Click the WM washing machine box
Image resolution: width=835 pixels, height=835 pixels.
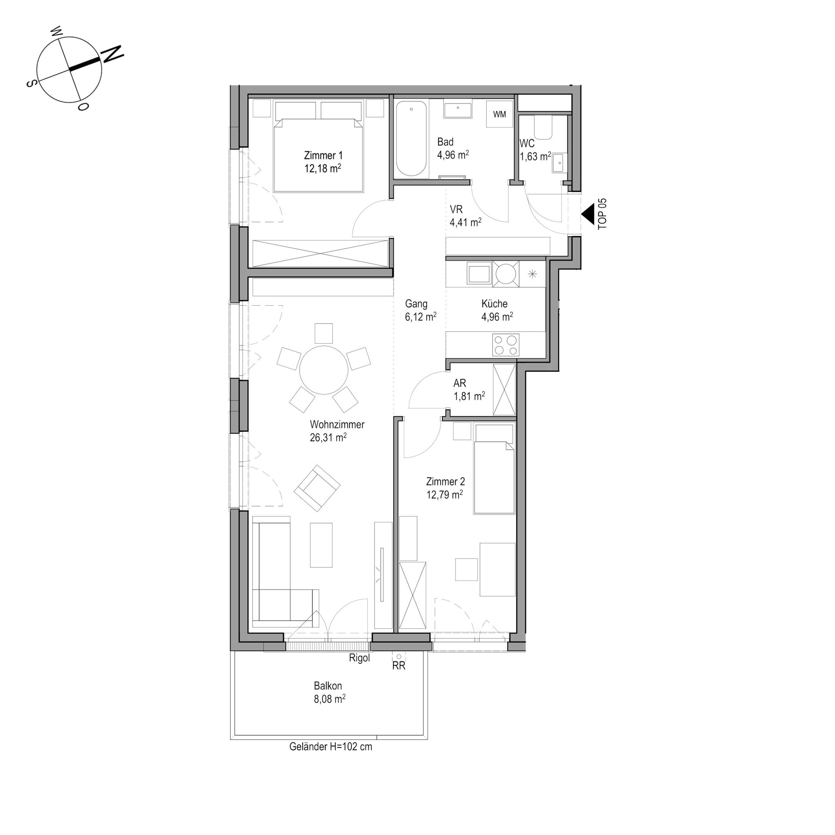point(499,114)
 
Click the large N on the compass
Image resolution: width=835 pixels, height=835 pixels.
point(112,54)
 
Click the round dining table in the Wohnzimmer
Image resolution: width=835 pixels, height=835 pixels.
point(324,370)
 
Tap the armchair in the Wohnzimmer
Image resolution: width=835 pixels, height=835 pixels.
point(317,488)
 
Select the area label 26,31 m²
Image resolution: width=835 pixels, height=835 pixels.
point(328,438)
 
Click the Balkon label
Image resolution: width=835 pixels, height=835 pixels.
point(328,686)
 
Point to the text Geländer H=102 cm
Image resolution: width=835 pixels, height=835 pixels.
point(331,747)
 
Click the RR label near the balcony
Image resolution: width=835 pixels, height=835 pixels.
point(399,665)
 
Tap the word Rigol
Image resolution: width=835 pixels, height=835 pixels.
point(359,658)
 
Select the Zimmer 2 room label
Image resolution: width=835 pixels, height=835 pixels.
point(445,481)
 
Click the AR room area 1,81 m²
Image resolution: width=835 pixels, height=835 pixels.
point(469,396)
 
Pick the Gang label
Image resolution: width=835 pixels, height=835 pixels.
point(416,304)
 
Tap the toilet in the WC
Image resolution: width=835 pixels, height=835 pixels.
point(543,127)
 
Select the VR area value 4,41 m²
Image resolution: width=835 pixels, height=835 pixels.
point(465,222)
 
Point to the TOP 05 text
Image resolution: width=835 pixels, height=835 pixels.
point(602,214)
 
